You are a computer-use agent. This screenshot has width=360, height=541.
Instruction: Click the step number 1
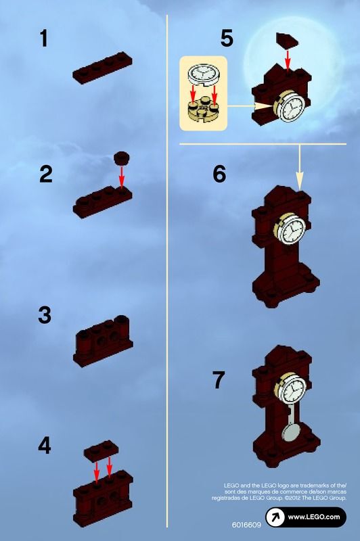[x=44, y=39]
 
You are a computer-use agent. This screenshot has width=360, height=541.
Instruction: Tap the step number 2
[x=46, y=174]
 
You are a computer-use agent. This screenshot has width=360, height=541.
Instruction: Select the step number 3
[x=45, y=315]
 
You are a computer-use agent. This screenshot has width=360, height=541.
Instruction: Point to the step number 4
[x=45, y=445]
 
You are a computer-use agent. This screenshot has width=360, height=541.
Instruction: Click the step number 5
[x=227, y=38]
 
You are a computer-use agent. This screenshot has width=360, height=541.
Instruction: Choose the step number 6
[x=219, y=174]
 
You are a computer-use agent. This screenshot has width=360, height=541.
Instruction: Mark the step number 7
[x=219, y=379]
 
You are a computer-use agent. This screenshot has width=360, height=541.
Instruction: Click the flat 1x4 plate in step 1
[x=102, y=68]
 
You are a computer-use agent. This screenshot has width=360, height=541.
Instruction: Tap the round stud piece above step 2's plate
[x=122, y=158]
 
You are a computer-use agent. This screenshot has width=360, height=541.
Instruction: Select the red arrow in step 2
[x=122, y=177]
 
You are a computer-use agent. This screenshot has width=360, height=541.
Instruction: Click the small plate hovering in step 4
[x=101, y=450]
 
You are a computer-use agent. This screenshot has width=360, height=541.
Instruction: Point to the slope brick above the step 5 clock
[x=287, y=41]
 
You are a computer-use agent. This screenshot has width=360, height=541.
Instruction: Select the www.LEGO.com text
[x=314, y=517]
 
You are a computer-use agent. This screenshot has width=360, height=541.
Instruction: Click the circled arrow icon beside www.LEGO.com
[x=275, y=517]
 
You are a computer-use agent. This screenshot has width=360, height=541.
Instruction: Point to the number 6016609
[x=246, y=525]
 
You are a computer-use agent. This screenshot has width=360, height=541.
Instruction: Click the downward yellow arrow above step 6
[x=300, y=166]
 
